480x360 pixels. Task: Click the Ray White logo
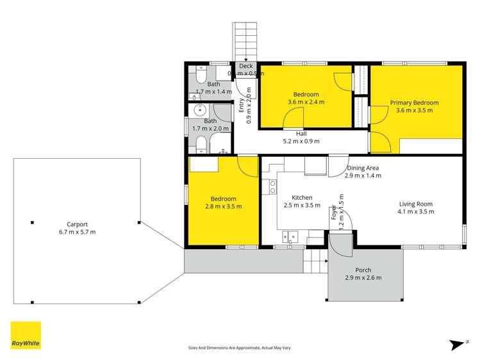26,335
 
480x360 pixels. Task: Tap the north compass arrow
457,344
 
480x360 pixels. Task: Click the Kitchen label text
301,197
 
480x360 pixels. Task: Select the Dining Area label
362,168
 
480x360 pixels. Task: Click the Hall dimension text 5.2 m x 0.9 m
301,142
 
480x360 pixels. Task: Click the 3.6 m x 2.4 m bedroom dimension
305,102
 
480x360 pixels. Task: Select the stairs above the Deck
244,41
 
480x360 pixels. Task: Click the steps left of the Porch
314,260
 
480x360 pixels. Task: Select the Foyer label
333,213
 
